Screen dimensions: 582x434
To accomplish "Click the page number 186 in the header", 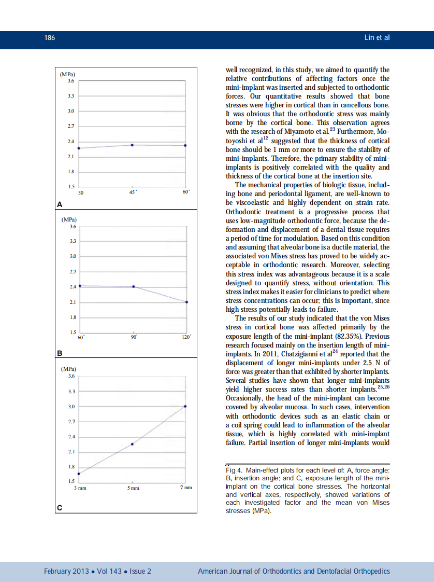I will click(50, 38).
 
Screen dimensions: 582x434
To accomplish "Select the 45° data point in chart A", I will click(132, 145).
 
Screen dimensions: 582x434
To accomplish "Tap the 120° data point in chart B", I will click(186, 302).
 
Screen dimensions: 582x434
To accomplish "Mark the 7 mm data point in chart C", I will click(185, 406).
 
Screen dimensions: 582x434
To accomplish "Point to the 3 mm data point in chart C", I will click(79, 474).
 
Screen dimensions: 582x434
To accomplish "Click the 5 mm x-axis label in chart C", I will click(133, 488).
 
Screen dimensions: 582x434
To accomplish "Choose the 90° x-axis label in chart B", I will click(134, 337).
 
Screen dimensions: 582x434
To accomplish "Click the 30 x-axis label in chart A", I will click(80, 192).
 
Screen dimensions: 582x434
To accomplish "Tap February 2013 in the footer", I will click(66, 571).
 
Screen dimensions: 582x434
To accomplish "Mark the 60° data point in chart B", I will click(80, 286).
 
